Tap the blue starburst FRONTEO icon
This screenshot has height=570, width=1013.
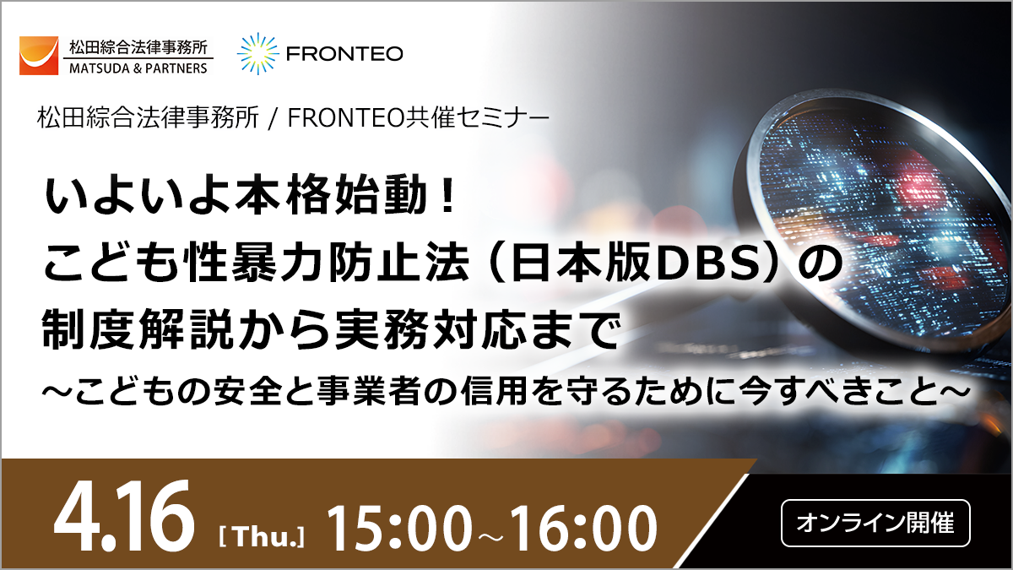click(x=257, y=54)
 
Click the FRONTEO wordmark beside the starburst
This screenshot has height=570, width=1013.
click(x=344, y=54)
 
